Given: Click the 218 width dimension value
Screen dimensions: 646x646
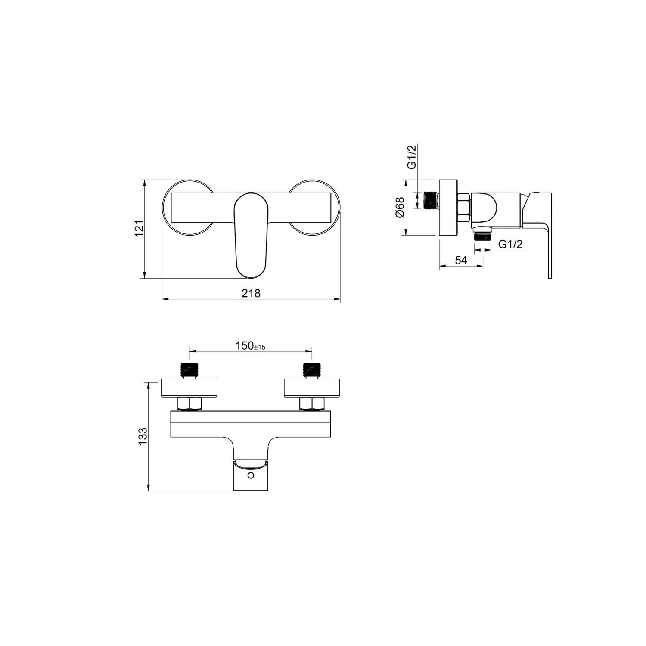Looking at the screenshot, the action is (251, 293).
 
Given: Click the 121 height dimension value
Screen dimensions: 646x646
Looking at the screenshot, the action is (139, 229).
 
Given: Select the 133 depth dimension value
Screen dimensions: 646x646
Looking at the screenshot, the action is (143, 436).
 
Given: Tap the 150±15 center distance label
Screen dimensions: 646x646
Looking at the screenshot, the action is (250, 346).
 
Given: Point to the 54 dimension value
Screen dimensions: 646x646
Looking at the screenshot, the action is (461, 260).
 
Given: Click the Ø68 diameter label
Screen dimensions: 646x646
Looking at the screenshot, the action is (400, 207).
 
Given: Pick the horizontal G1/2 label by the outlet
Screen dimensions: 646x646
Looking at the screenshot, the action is (511, 244).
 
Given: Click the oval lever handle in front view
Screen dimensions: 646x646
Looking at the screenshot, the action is (251, 235).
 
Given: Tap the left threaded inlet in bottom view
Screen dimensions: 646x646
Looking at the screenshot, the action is (189, 370).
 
